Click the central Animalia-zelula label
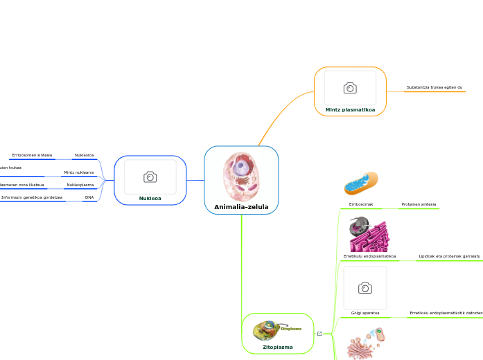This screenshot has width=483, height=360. point(241,207)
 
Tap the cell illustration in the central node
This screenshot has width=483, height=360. point(240,177)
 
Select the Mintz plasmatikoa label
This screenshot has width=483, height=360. point(350,109)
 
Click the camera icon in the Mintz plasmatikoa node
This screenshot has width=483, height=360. point(350,88)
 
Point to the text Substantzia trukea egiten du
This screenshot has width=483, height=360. point(434,88)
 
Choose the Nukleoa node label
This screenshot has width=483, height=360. point(150,198)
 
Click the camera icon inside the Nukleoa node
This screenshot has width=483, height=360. point(150,177)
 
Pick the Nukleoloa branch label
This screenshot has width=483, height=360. point(84,155)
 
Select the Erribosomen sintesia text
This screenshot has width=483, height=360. point(32,155)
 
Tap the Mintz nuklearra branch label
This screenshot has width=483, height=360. point(78,172)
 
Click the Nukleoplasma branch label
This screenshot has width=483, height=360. point(80,185)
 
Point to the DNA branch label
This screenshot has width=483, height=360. point(89,197)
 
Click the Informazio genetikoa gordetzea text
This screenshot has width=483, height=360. point(32,197)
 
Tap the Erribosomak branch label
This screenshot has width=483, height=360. point(361,205)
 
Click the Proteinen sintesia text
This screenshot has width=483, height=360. point(419,205)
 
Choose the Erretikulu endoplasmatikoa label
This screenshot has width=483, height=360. point(369,256)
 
